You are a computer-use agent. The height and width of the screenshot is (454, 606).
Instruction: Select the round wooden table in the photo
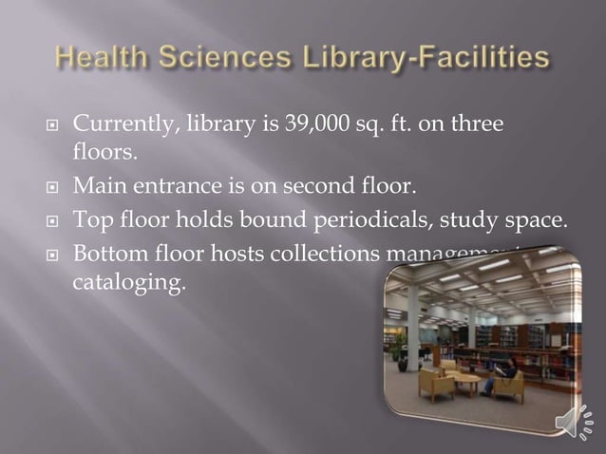click(462, 381)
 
